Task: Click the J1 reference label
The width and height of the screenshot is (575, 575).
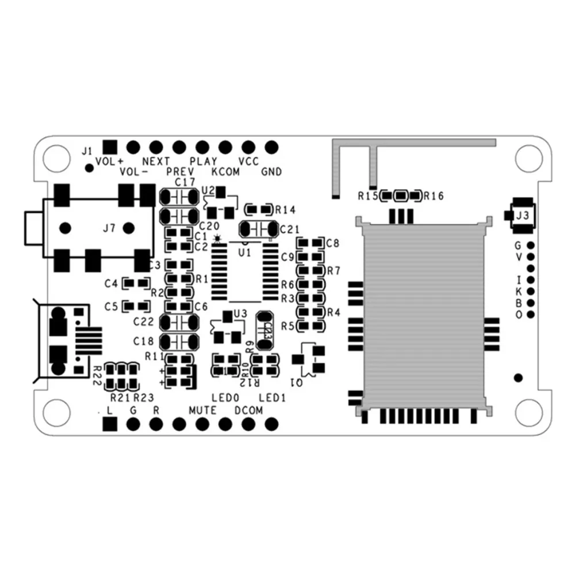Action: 86,151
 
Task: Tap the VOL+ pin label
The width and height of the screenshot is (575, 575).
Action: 110,161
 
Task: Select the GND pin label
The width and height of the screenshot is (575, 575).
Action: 271,171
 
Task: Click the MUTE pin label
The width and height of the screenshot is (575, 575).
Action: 202,410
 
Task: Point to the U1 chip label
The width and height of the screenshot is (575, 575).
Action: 244,252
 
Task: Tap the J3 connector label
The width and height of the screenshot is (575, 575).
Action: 522,216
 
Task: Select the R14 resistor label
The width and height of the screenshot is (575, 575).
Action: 285,209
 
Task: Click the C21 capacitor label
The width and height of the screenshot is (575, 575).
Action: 290,229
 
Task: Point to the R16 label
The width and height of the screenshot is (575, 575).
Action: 434,196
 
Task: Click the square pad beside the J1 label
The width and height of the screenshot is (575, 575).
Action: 109,147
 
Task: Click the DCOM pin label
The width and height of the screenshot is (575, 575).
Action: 248,410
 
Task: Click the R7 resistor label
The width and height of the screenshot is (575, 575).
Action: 333,270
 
